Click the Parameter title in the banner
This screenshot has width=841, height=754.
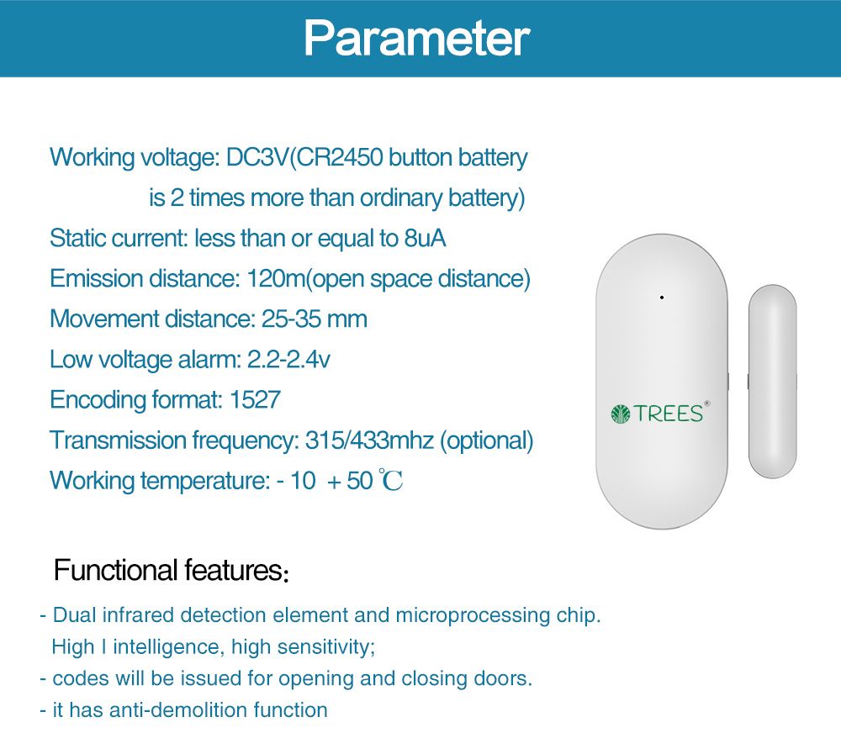416,37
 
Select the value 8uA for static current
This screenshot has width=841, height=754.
425,238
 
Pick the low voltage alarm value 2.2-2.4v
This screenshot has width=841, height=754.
288,359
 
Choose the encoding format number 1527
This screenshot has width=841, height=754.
255,399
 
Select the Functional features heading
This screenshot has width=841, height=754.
172,571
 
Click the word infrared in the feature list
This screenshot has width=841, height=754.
135,614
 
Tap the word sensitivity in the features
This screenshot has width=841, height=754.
323,646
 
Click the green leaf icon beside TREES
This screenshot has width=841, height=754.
620,413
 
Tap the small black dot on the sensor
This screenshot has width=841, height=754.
662,298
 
